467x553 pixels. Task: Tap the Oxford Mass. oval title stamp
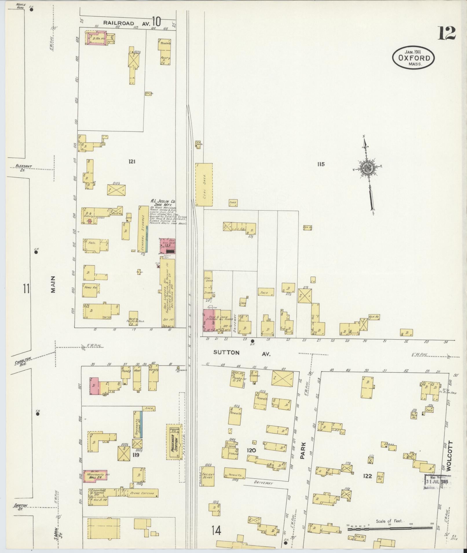[413, 58]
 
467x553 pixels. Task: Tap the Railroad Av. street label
[127, 23]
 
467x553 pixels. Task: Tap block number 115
[321, 164]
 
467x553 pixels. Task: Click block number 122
[367, 476]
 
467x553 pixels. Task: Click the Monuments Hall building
[95, 476]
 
